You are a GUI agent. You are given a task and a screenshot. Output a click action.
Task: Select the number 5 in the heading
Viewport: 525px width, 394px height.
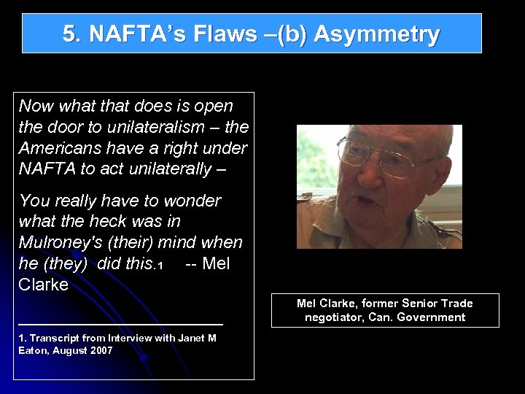click(69, 34)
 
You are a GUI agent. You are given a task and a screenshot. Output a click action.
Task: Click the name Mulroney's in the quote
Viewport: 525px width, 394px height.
click(63, 242)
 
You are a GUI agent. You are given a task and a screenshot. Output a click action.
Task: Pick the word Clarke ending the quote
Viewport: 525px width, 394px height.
click(44, 285)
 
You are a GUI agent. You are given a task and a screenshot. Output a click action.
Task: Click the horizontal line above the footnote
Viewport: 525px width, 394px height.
click(120, 322)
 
